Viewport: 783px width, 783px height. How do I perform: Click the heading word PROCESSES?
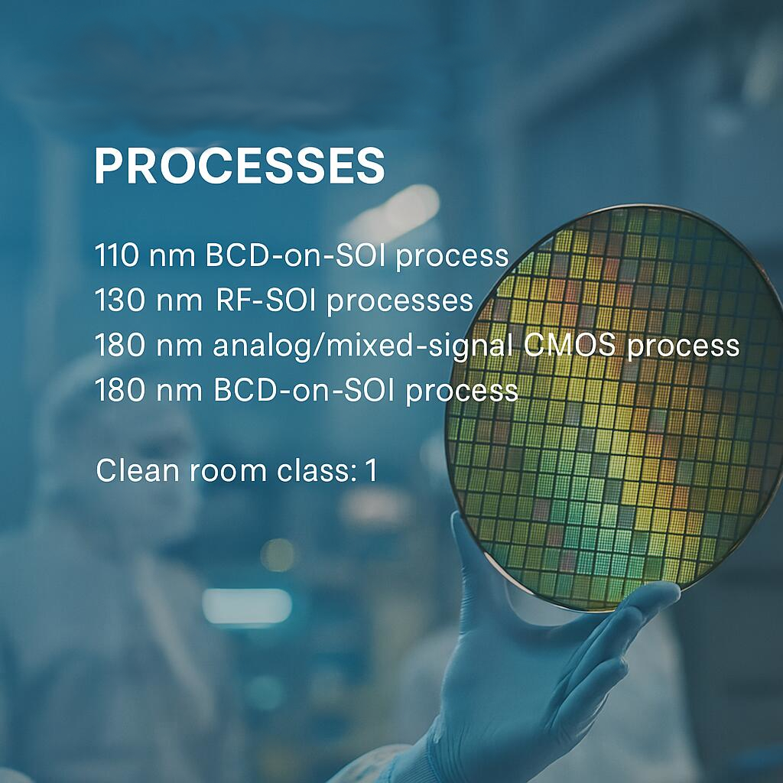click(x=239, y=166)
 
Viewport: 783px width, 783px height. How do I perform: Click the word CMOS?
click(x=570, y=345)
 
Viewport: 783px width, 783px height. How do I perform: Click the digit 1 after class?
click(x=371, y=470)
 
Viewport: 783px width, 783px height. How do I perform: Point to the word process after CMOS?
click(x=683, y=346)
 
